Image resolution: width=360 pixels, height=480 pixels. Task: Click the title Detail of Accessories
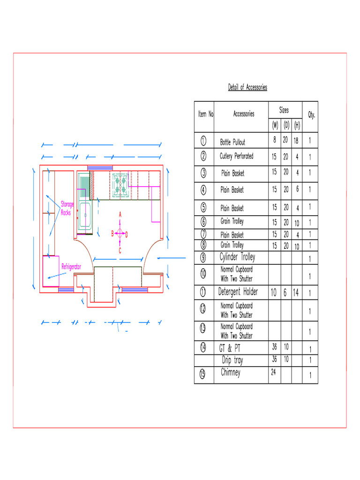(x=247, y=87)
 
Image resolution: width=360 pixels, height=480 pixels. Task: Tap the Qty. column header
(x=311, y=114)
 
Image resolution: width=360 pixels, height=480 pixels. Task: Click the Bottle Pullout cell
(x=232, y=142)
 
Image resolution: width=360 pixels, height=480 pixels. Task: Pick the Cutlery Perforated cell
(x=236, y=156)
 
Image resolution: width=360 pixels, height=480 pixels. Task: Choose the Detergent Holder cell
(x=238, y=292)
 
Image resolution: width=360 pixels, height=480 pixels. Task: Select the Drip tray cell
(x=232, y=360)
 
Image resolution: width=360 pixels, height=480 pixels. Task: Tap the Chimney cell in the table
(x=231, y=373)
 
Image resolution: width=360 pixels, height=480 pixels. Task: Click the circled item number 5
(x=203, y=207)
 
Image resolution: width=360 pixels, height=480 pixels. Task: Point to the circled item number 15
(x=203, y=374)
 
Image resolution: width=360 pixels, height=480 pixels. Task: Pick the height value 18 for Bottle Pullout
(x=296, y=140)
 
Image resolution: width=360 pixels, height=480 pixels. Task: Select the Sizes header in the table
(x=284, y=110)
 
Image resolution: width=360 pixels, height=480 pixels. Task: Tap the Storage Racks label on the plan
(x=67, y=208)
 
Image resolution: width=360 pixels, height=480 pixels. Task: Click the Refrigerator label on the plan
(x=71, y=266)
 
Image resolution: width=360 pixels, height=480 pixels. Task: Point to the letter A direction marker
(x=120, y=214)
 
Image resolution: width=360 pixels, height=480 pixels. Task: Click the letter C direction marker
(x=120, y=251)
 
